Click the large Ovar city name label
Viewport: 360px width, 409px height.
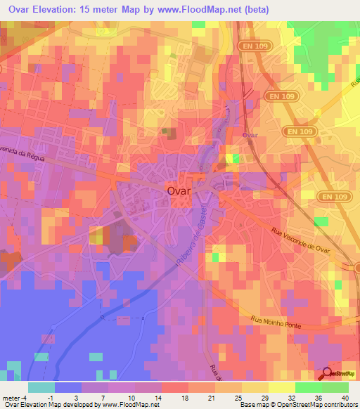pos(180,190)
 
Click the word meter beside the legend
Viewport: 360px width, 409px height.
pos(12,397)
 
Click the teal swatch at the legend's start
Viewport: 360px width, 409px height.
pos(41,387)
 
